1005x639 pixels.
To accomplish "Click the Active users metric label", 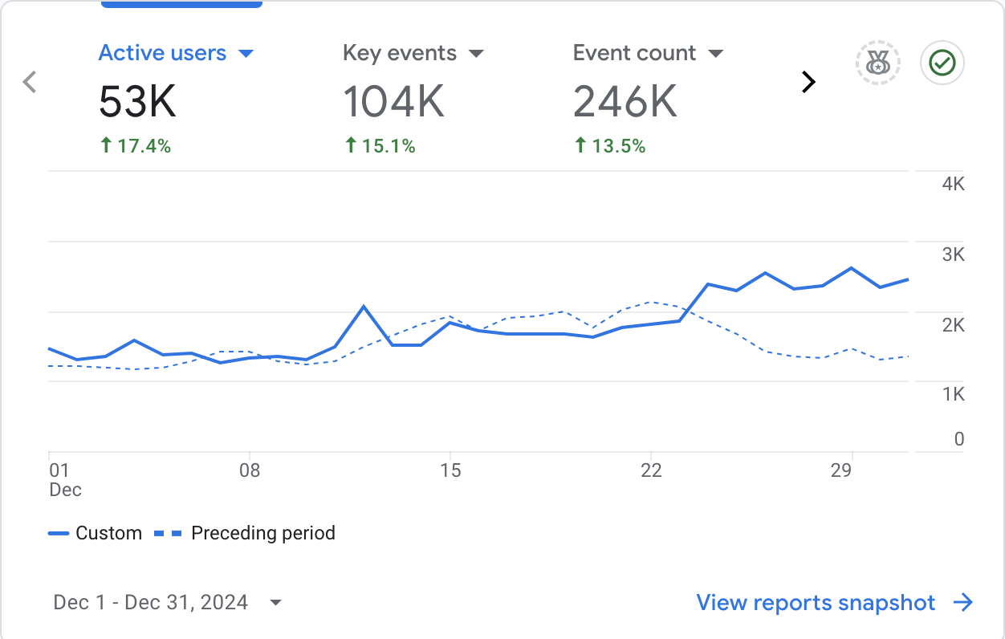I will click(x=162, y=54).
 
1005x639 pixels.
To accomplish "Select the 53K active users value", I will click(x=137, y=102).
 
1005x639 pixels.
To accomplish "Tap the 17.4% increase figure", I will click(x=136, y=146).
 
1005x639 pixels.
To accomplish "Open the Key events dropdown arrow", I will click(x=476, y=54).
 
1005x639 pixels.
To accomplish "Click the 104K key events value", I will click(x=393, y=102).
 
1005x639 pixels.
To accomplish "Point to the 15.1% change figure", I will click(x=380, y=146).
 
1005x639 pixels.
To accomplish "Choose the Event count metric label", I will click(x=634, y=54).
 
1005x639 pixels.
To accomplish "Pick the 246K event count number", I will click(x=625, y=102).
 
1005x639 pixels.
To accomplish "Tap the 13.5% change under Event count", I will click(x=611, y=146).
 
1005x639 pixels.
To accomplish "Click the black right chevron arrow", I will click(x=809, y=81).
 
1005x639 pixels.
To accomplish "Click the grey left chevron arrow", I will click(x=30, y=81).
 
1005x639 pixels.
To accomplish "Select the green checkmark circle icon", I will click(x=942, y=63).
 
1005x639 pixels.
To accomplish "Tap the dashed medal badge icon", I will click(x=878, y=63).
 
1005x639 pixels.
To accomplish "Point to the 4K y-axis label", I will click(x=954, y=185).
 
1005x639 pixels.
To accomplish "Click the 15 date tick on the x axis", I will click(x=451, y=470).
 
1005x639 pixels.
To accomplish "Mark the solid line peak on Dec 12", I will click(x=364, y=306).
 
